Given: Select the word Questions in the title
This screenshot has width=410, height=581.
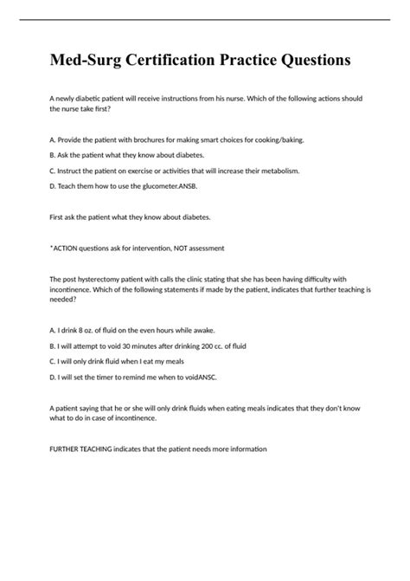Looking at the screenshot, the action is point(309,61).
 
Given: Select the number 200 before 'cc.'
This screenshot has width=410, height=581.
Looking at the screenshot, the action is point(221,346).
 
